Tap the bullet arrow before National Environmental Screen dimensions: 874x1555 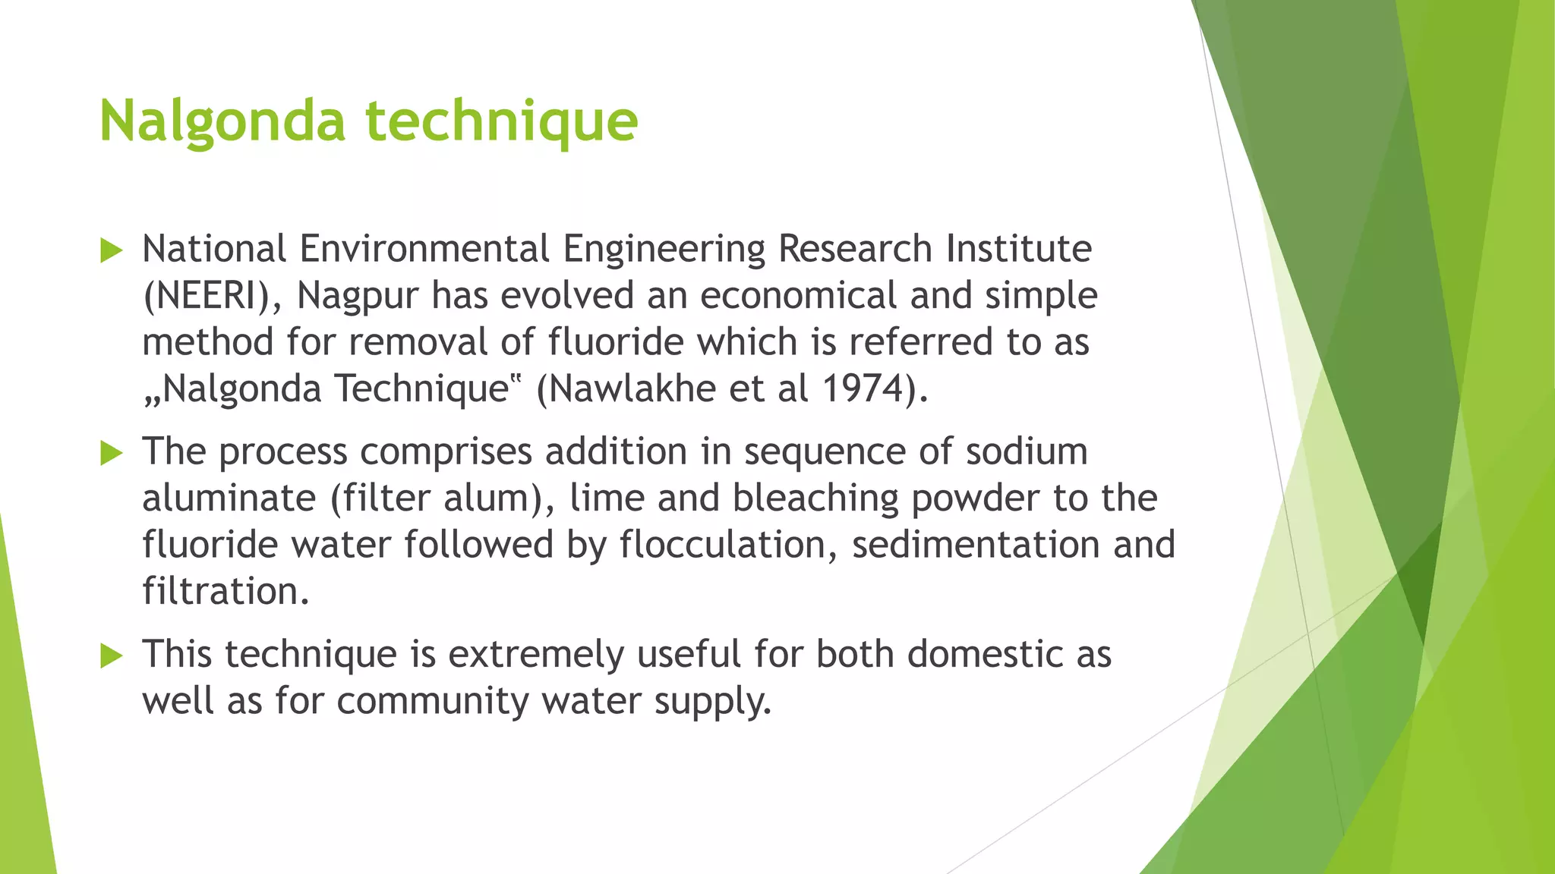pyautogui.click(x=111, y=250)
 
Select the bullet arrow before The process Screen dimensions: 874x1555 pyautogui.click(x=111, y=454)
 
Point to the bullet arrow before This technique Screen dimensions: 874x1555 pyautogui.click(x=111, y=655)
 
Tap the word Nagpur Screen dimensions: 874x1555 pyautogui.click(x=358, y=296)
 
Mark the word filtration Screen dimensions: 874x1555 pyautogui.click(x=225, y=591)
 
